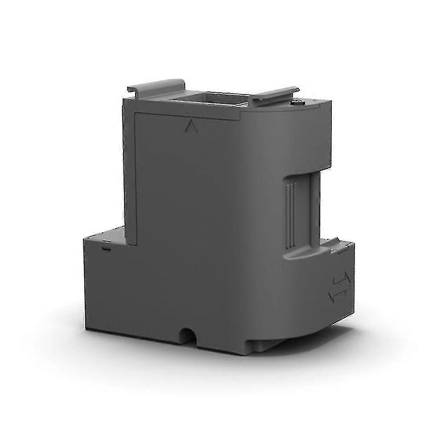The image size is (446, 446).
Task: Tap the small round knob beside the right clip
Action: (296, 103)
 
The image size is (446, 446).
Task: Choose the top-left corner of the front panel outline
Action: (135, 113)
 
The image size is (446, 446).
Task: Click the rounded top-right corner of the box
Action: (328, 107)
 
